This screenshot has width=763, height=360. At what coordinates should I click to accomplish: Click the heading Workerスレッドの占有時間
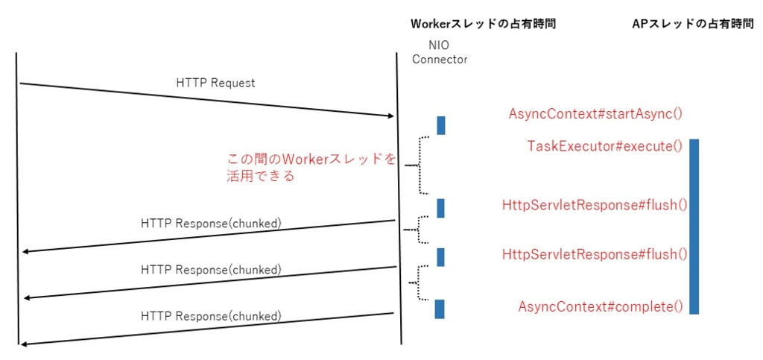(483, 24)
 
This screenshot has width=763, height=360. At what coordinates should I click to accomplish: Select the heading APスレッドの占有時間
(692, 24)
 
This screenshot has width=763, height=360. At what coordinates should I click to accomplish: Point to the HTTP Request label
(215, 83)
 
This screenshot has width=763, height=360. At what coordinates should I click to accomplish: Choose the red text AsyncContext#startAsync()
(595, 114)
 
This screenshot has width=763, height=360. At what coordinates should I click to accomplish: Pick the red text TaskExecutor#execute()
(604, 146)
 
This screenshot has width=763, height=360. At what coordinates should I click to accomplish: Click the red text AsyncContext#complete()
(601, 307)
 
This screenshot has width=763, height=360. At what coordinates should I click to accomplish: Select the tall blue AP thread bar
(694, 227)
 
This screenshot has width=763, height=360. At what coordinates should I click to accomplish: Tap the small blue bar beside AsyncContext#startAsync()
(440, 125)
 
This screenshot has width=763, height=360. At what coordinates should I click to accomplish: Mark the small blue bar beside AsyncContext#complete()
(440, 309)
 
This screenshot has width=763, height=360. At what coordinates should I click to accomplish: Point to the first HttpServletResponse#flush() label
(595, 205)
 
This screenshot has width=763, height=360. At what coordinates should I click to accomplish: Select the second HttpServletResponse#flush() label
(595, 254)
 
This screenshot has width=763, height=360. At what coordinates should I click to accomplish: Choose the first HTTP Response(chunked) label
(211, 223)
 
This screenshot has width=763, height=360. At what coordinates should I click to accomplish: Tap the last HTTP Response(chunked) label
(211, 316)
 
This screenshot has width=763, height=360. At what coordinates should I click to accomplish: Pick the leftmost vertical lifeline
(16, 198)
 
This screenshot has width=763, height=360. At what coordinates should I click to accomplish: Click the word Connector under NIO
(440, 60)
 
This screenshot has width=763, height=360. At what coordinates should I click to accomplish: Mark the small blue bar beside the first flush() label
(440, 208)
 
